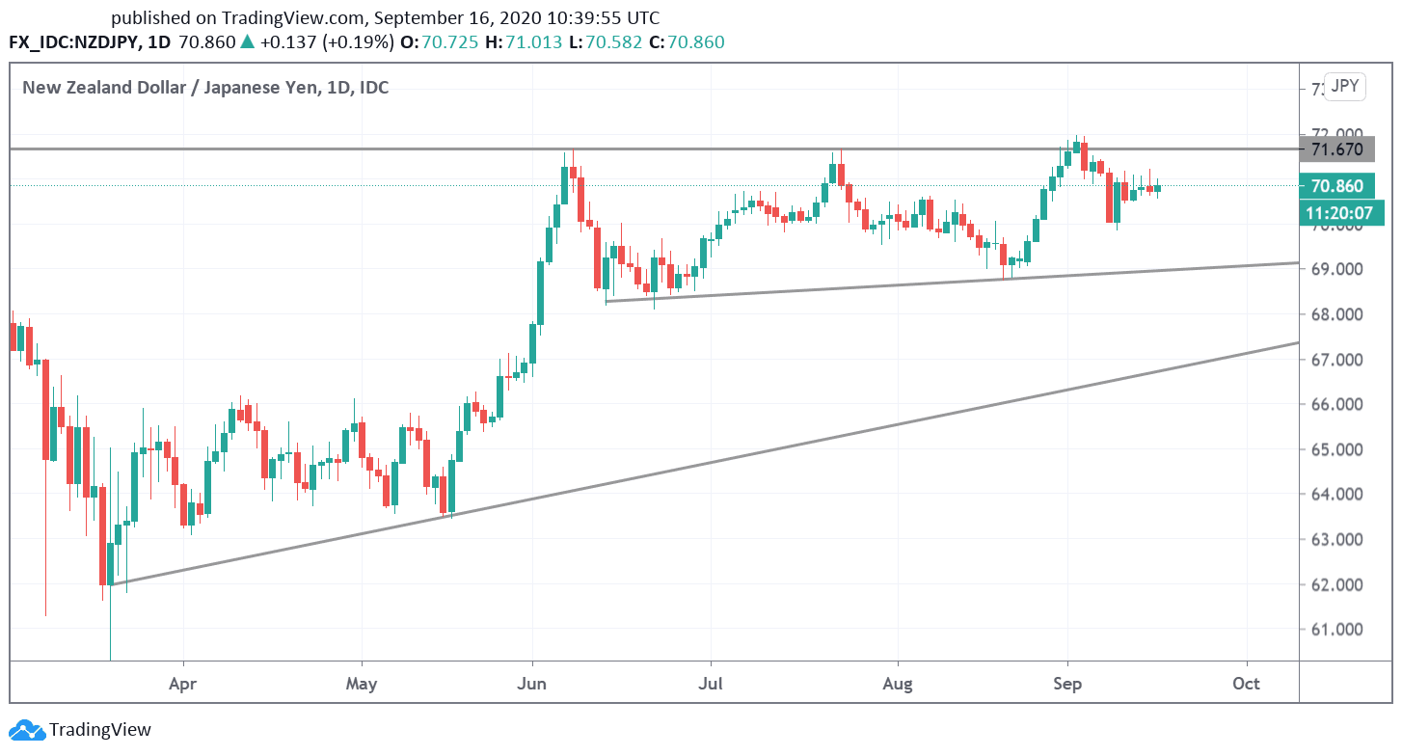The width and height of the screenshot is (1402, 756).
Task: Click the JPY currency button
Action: tap(1344, 87)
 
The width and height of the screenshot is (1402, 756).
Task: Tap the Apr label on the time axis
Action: tap(182, 684)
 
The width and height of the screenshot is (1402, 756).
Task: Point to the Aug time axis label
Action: tap(898, 684)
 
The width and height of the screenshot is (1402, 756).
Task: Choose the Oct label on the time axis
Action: tap(1247, 684)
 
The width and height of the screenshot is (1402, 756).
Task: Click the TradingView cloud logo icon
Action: tap(26, 730)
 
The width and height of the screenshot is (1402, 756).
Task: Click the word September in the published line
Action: tap(417, 17)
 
